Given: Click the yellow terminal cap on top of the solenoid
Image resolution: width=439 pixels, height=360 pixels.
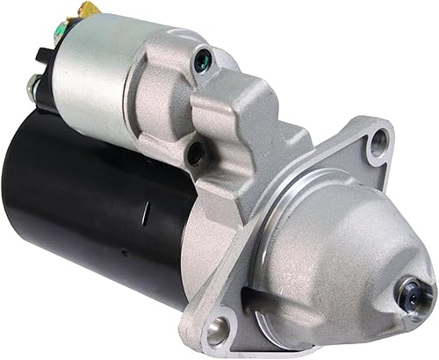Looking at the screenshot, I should point(86,10).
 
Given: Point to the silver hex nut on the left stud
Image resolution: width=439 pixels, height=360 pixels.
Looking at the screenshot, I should point(32,87).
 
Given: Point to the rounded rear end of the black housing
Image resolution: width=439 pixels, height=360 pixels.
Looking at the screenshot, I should point(40,176).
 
